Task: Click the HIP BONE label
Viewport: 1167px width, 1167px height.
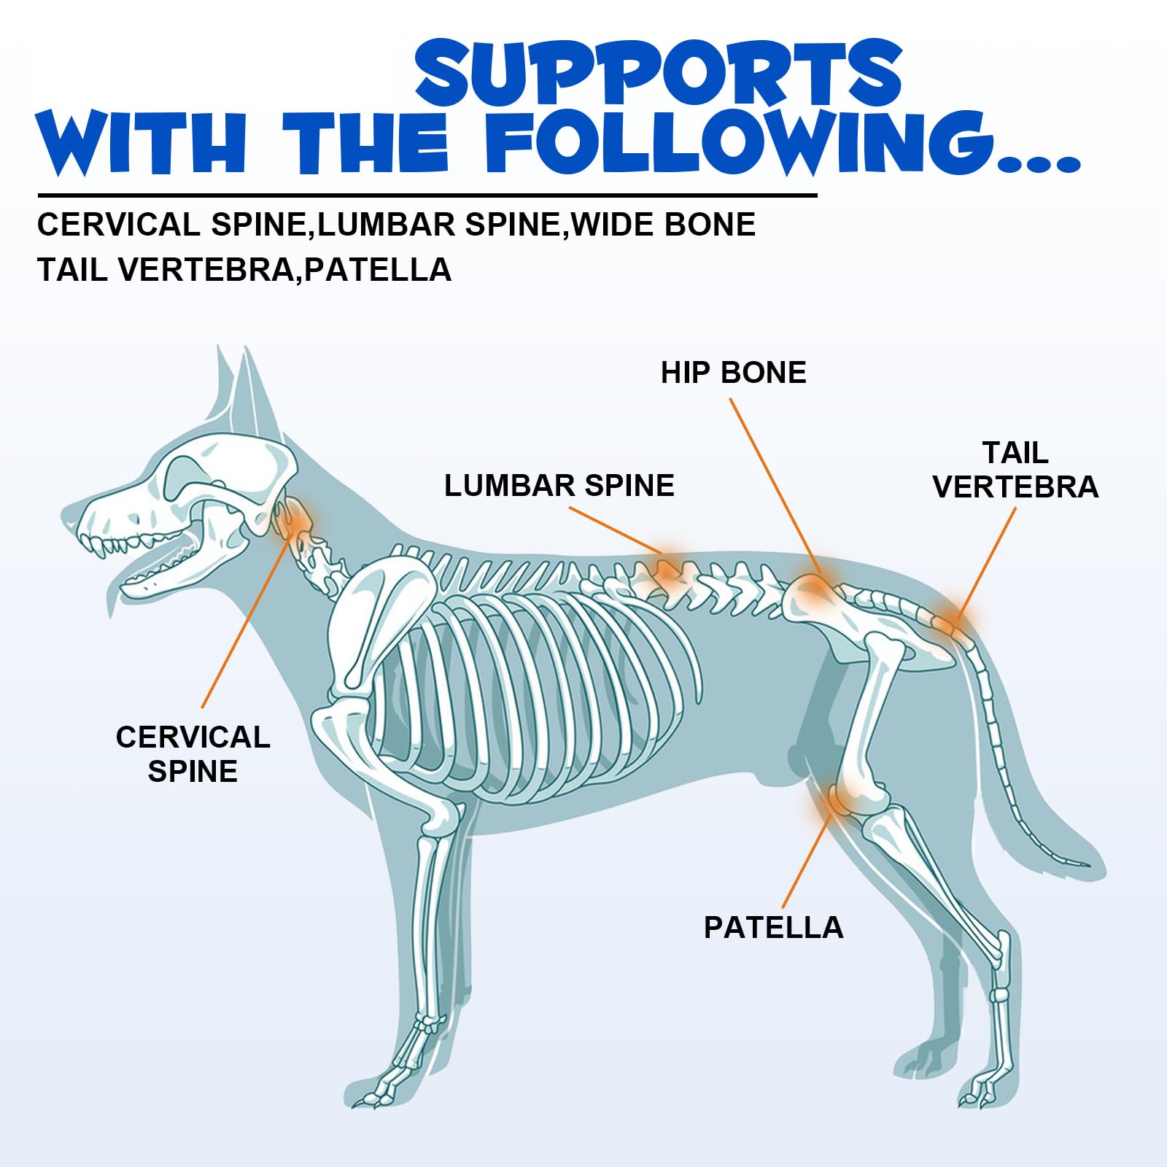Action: click(x=733, y=373)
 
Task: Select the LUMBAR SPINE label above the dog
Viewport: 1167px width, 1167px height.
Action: click(x=559, y=486)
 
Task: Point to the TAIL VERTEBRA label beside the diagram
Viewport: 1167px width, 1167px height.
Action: click(x=1015, y=470)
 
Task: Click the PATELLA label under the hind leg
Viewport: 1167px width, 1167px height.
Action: click(x=773, y=928)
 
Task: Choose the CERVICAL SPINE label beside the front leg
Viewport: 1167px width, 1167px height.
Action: click(x=193, y=754)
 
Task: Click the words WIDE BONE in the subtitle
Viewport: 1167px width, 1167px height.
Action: click(x=663, y=225)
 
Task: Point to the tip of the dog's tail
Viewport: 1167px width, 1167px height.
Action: click(x=1087, y=866)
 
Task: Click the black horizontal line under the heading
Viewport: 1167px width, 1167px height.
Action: click(x=427, y=195)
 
